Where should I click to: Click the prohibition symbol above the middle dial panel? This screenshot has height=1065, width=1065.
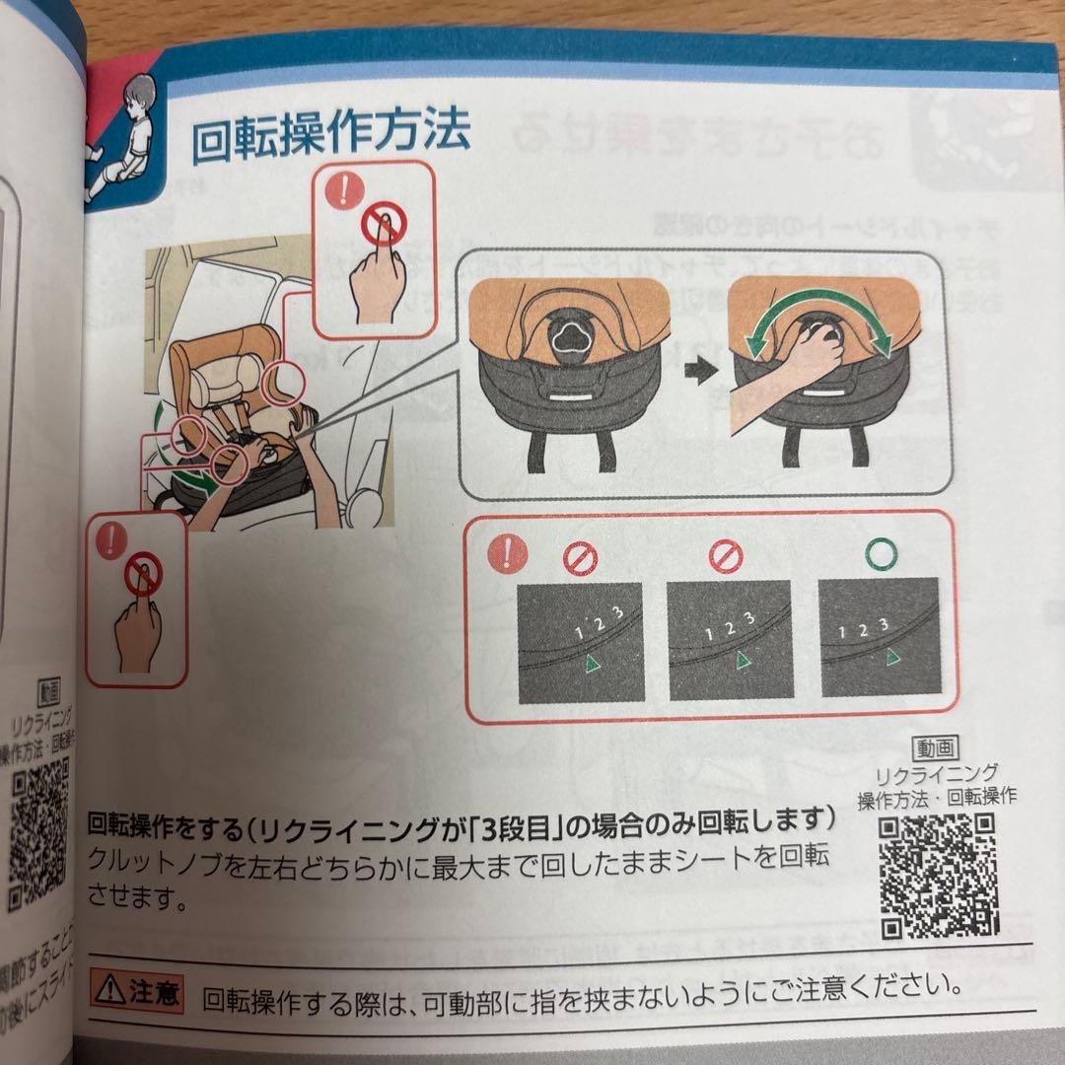pos(726,558)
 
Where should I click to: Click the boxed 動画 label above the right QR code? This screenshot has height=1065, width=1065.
pos(936,749)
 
